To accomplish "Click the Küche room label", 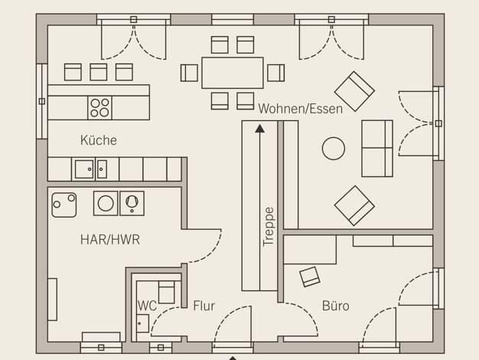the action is click(x=99, y=140).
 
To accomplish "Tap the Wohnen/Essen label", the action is click(x=300, y=109).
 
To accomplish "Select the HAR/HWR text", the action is click(x=110, y=240).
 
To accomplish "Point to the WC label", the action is click(x=147, y=306).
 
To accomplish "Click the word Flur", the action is click(x=204, y=306).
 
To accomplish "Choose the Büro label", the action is click(x=335, y=306).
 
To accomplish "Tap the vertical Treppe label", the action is click(x=269, y=226).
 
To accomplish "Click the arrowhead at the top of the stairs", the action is click(x=259, y=129).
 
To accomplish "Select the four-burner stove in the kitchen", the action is click(x=99, y=108).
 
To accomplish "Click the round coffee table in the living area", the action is click(x=334, y=149).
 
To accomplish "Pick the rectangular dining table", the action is click(x=233, y=73).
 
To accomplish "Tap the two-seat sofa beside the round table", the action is click(x=377, y=149).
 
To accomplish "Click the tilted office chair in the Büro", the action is click(x=310, y=277).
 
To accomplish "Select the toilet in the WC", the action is click(x=166, y=292).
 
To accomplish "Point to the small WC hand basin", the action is click(x=142, y=323).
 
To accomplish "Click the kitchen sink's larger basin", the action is click(x=84, y=169).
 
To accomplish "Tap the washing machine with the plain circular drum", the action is click(x=106, y=203).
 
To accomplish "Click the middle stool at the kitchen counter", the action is click(x=99, y=72).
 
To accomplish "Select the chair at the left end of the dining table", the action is click(x=189, y=73).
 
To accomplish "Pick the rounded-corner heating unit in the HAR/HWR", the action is click(x=64, y=205).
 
